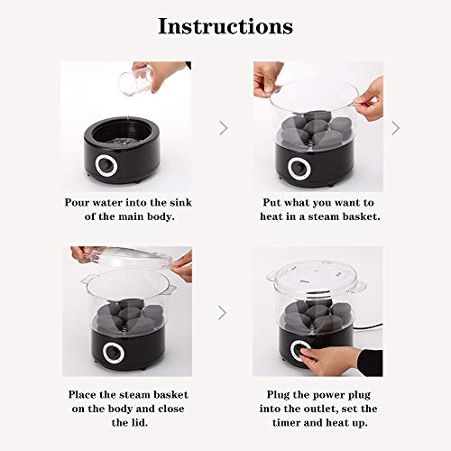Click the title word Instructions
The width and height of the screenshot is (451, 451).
click(225, 26)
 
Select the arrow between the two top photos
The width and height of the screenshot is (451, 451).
click(223, 128)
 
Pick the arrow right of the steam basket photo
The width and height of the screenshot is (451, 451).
click(394, 128)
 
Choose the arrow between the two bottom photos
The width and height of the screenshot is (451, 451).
click(223, 313)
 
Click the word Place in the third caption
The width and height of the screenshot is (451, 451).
click(84, 393)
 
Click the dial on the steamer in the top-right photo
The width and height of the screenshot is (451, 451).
click(298, 167)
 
